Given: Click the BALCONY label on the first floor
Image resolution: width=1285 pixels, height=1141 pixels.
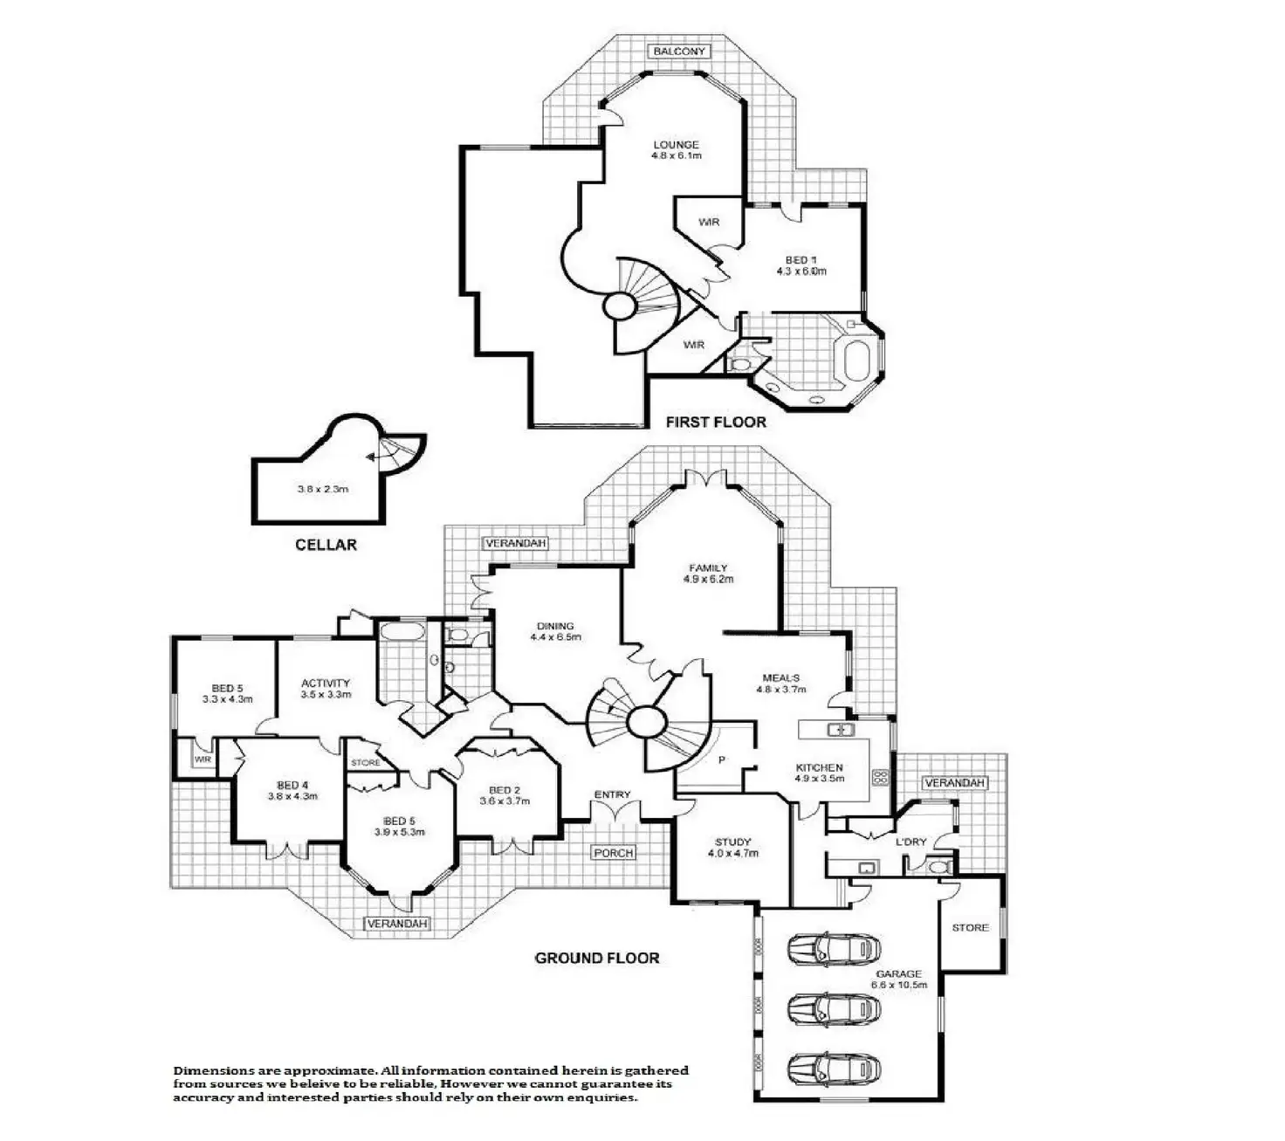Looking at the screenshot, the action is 680,52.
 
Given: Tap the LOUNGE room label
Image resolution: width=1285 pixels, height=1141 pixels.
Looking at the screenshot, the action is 677,145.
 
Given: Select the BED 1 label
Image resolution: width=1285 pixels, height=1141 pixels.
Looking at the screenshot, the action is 801,260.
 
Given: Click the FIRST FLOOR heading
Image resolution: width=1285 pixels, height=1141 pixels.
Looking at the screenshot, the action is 716,423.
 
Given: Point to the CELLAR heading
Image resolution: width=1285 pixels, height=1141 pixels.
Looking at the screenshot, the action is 326,545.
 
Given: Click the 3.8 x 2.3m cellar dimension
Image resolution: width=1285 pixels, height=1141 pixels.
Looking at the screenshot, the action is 323,489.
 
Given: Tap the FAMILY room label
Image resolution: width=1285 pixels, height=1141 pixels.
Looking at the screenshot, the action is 708,567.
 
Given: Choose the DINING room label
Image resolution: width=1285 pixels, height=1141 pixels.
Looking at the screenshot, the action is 555,626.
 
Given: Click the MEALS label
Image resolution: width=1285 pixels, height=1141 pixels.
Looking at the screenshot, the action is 780,677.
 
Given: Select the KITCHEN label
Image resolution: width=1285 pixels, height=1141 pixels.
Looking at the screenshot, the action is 819,767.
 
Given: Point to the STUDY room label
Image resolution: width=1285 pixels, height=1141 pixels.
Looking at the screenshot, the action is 732,842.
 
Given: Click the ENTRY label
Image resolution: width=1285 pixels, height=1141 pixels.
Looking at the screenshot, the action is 612,794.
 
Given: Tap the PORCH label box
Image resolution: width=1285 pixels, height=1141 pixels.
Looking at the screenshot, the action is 614,852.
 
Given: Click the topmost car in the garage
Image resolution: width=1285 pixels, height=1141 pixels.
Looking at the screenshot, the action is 833,949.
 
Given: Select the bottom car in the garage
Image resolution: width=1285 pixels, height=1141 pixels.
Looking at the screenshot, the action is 833,1068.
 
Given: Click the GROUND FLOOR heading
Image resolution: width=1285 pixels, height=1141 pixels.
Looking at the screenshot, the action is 597,958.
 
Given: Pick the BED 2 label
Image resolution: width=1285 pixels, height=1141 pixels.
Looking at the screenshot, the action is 505,790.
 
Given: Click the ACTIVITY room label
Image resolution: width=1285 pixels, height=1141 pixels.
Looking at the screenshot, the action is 326,684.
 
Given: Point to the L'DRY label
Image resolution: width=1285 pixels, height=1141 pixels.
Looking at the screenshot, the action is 910,842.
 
